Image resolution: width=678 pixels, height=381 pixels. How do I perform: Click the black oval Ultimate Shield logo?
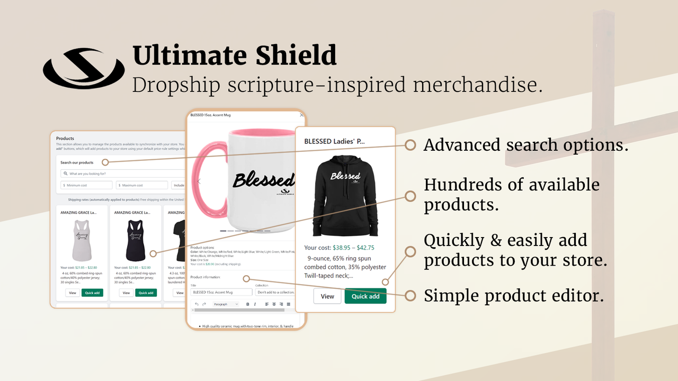(84, 69)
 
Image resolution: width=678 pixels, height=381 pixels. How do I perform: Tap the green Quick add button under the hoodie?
(365, 296)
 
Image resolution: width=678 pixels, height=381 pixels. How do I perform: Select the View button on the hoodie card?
(327, 296)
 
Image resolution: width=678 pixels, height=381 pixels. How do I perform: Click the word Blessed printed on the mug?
(264, 180)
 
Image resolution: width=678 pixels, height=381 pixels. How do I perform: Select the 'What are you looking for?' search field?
(122, 174)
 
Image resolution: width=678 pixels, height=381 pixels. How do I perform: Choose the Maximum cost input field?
(142, 185)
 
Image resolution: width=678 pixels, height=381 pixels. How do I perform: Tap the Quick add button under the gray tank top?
(92, 293)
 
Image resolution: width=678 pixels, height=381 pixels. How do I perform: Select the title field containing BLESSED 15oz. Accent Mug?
(221, 292)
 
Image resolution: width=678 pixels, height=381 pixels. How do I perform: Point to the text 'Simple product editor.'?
(514, 296)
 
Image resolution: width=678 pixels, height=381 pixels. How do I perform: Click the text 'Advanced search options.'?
(526, 145)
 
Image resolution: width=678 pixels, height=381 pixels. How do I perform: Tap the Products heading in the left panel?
(65, 139)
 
